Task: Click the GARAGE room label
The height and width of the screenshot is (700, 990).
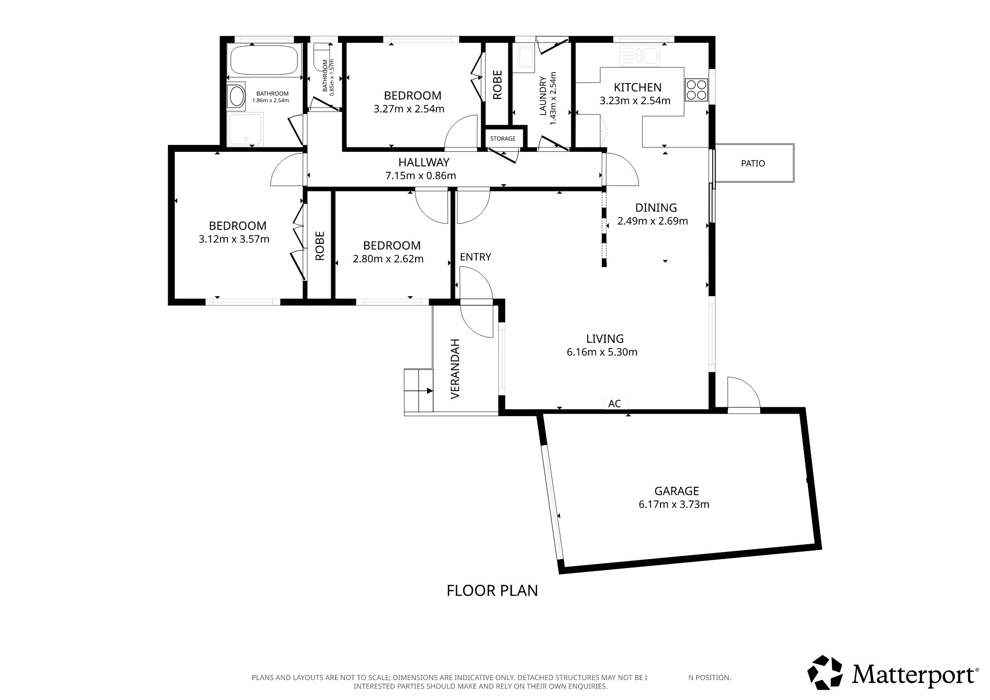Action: point(676,491)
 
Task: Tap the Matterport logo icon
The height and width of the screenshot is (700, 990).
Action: point(825,673)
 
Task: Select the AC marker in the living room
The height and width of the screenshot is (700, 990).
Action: point(615,403)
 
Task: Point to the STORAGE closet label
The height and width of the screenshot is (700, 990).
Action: point(503,138)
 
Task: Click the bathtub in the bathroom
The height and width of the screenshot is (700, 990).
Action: point(264,60)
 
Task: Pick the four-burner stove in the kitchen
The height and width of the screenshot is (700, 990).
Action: point(696,90)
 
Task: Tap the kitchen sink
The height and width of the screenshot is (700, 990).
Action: point(640,55)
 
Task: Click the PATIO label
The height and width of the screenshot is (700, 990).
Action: point(753,163)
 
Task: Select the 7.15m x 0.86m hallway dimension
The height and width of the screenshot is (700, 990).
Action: point(421,175)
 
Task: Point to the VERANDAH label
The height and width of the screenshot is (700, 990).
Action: point(454,369)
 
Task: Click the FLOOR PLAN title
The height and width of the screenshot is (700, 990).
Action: point(492,590)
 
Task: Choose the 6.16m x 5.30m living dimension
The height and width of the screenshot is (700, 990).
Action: point(602,352)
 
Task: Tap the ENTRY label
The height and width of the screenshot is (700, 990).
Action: point(475,257)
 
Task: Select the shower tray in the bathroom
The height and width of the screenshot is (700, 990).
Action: point(245,129)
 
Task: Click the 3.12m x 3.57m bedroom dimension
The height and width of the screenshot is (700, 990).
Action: point(234,239)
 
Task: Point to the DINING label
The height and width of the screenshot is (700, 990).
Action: point(656,208)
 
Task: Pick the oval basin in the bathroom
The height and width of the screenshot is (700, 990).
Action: point(236,96)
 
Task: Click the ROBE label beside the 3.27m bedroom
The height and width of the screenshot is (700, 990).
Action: point(497,85)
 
